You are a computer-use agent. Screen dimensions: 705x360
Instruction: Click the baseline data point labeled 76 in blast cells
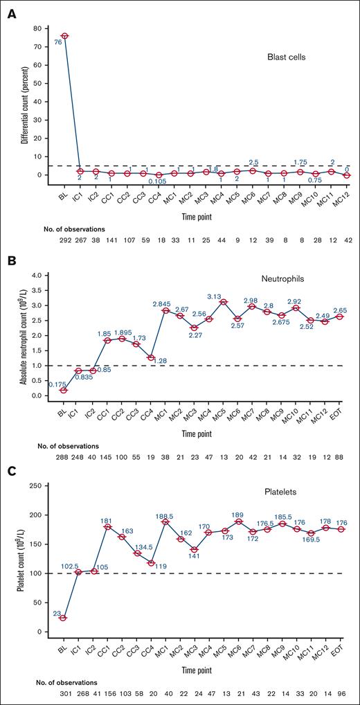tap(64, 36)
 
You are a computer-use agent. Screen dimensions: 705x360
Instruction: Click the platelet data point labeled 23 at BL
tap(63, 618)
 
